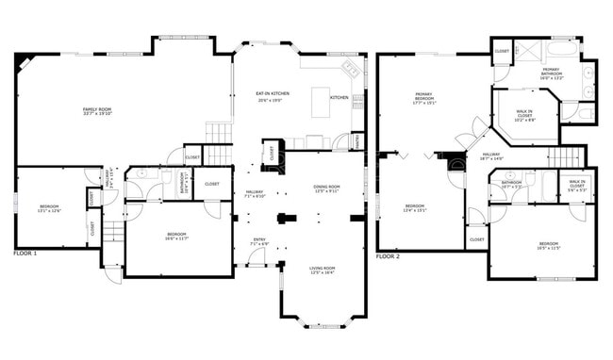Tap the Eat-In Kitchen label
(273, 95)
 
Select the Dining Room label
(326, 188)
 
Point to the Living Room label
(323, 270)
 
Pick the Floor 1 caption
(25, 254)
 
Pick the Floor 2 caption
(388, 256)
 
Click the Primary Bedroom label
(422, 97)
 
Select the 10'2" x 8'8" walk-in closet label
(524, 116)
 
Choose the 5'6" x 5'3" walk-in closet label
(576, 186)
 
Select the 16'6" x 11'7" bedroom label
(177, 236)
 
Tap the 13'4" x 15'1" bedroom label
(415, 208)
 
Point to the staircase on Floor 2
(566, 156)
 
